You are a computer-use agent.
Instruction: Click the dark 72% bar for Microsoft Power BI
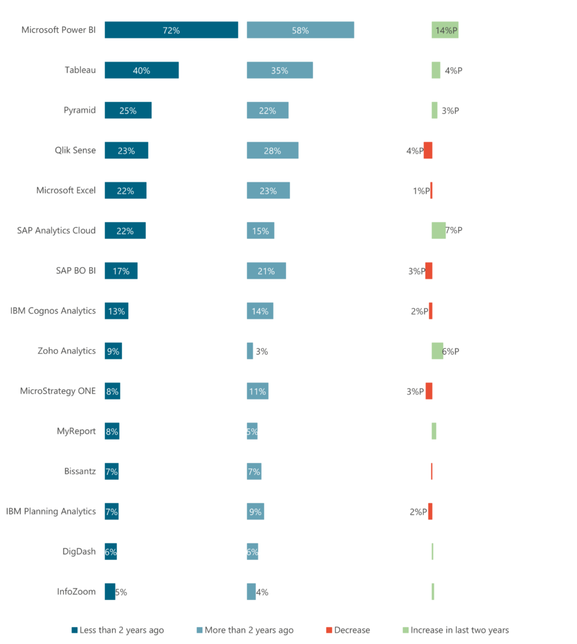171,30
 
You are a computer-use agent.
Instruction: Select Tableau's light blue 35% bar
280,70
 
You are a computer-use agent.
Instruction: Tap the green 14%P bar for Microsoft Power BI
444,30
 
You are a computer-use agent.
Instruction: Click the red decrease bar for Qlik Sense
428,150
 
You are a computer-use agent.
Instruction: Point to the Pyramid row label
80,110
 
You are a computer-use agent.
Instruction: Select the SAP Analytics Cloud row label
57,230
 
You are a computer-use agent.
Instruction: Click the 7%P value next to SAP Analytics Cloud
454,230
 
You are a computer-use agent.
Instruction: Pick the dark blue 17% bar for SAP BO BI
121,270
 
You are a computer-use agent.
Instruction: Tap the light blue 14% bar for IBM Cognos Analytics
260,311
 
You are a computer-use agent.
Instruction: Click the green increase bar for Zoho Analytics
437,351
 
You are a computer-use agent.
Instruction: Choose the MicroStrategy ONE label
58,391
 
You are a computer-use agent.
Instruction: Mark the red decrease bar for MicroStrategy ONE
429,391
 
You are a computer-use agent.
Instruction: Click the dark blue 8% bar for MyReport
112,431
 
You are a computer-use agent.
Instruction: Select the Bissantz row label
80,471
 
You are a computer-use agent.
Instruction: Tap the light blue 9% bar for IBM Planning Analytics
255,511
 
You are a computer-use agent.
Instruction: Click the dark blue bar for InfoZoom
110,591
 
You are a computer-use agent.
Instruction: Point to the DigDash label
79,552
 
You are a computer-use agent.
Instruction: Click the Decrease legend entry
351,630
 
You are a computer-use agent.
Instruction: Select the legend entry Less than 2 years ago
121,630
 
